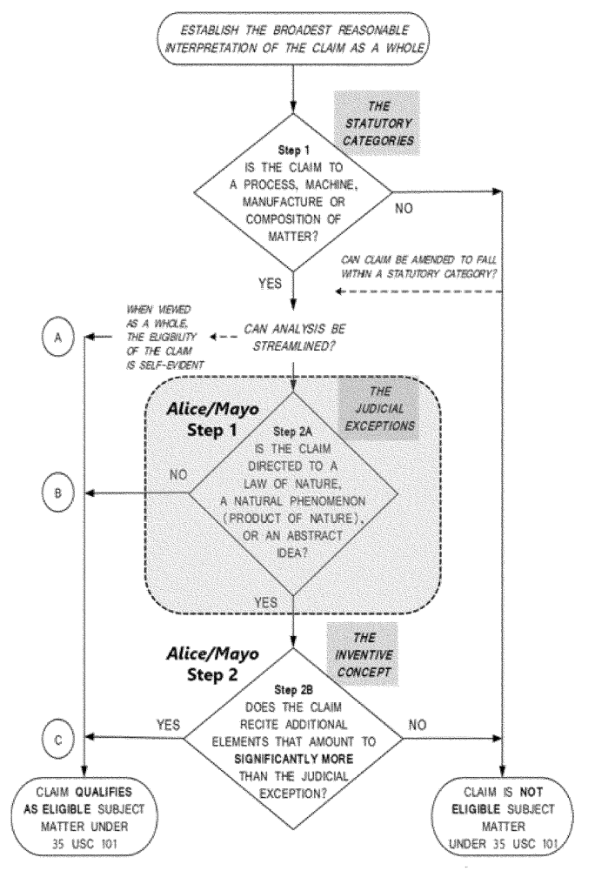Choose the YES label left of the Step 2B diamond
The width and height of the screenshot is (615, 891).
point(168,724)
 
